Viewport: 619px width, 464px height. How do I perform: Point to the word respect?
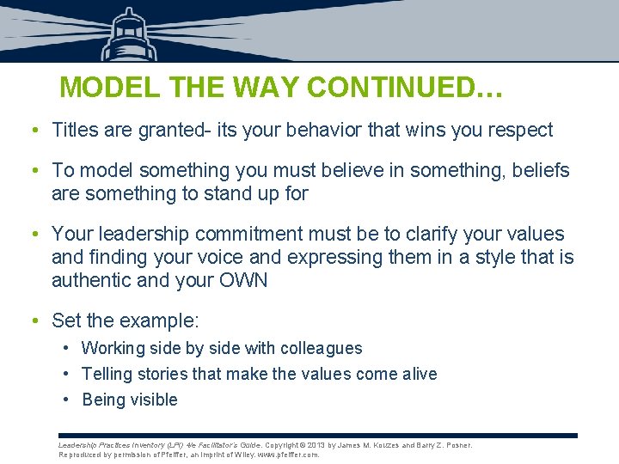click(x=519, y=131)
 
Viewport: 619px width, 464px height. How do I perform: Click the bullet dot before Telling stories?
click(x=66, y=374)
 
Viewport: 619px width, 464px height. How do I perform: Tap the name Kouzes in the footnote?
click(x=385, y=445)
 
